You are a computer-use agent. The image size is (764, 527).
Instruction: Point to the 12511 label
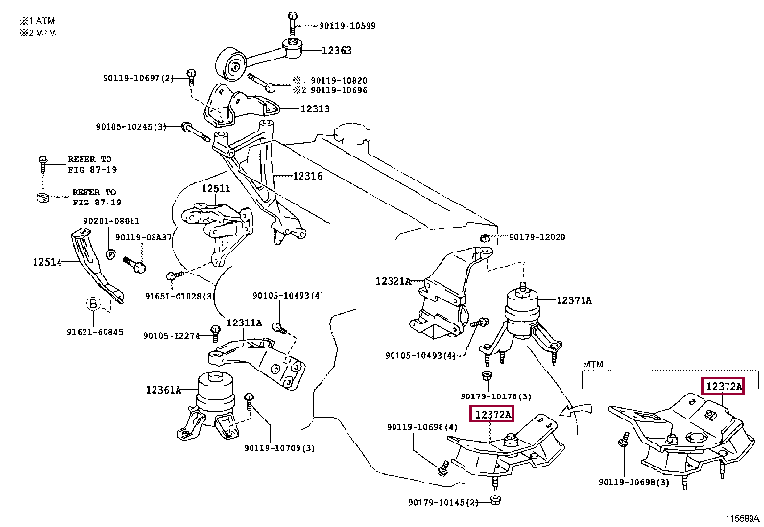(x=216, y=188)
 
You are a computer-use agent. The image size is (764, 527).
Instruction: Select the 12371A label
(x=573, y=301)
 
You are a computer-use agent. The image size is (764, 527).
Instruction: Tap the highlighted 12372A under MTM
(x=723, y=387)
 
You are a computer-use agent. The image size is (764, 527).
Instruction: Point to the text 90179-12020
(x=537, y=236)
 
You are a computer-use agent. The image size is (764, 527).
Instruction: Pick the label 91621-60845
(x=95, y=332)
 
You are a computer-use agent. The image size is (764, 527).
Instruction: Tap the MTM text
(x=594, y=365)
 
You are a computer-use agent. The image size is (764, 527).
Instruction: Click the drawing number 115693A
(x=741, y=517)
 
